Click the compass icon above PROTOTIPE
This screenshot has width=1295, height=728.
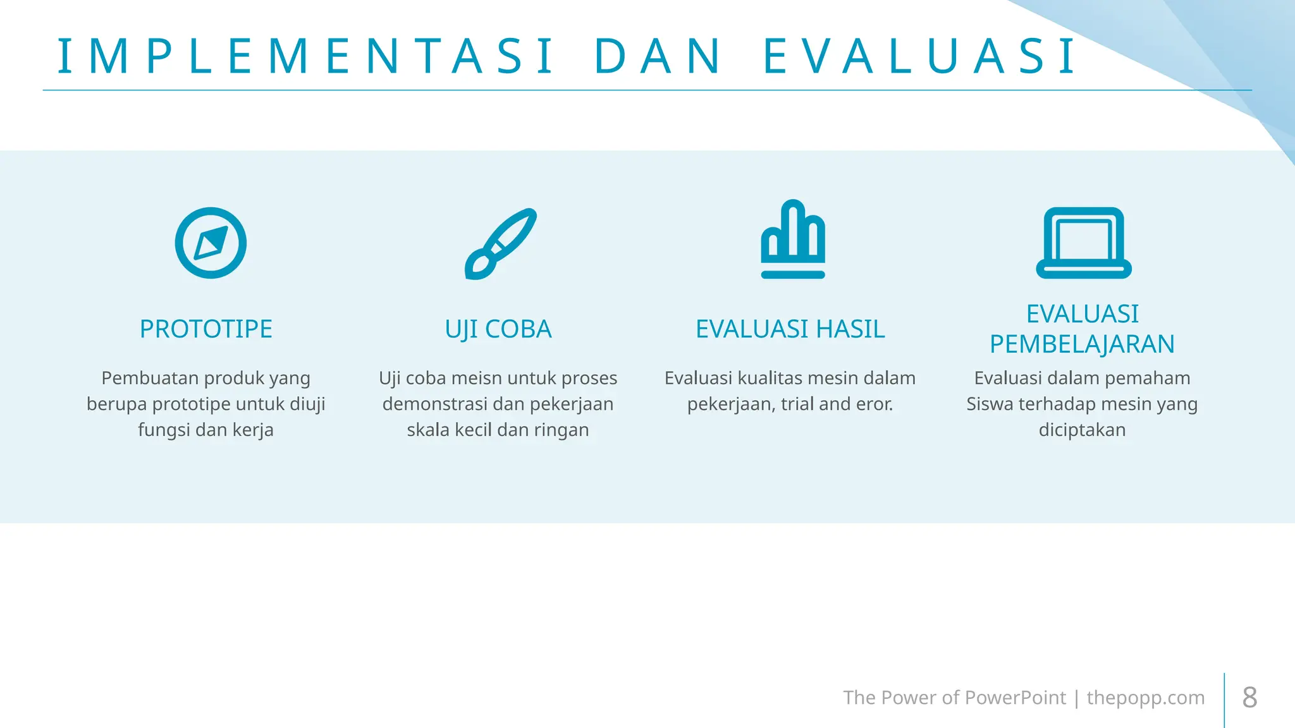(x=211, y=243)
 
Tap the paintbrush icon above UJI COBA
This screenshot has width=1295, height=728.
(x=500, y=243)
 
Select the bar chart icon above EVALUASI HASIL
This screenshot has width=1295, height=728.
(x=793, y=240)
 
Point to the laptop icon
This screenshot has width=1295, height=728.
(x=1083, y=243)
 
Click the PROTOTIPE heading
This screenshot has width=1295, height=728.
(x=206, y=329)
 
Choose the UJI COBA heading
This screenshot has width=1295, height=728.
(x=498, y=329)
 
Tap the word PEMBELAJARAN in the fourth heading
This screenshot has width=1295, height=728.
(x=1082, y=344)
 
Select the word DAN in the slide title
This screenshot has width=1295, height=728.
(x=658, y=57)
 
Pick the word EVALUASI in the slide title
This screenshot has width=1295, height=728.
(x=920, y=57)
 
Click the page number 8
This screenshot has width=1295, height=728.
(x=1249, y=698)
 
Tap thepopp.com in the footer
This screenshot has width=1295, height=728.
(x=1146, y=698)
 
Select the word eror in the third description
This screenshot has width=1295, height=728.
(x=875, y=404)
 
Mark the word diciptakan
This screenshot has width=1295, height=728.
(x=1082, y=430)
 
